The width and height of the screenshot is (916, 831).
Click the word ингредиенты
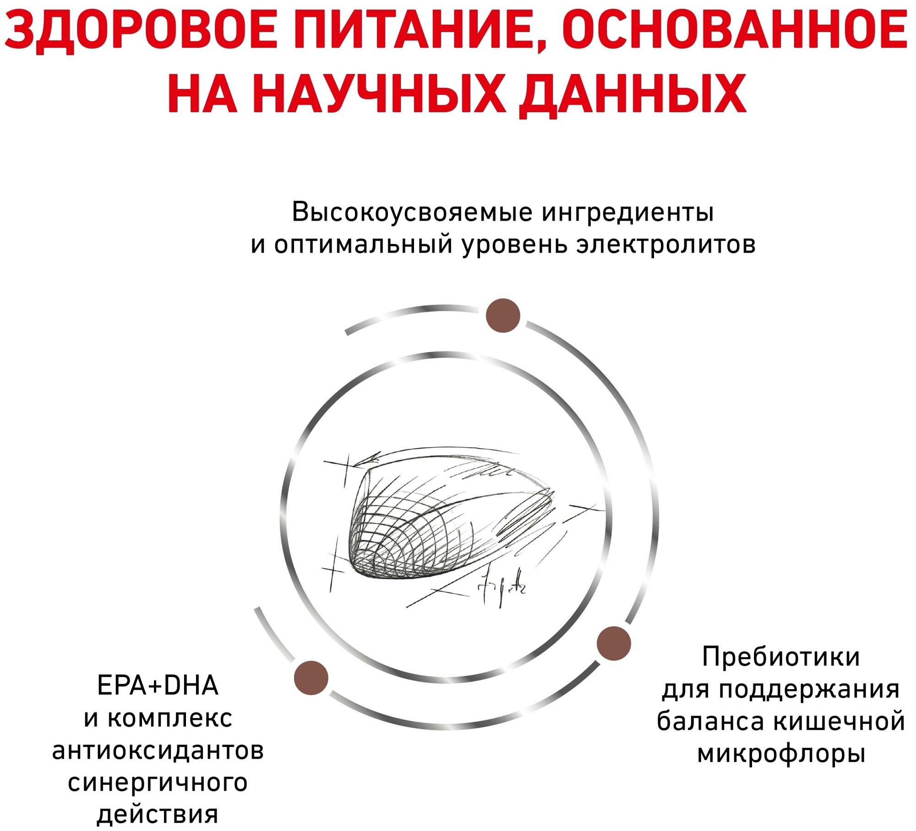pos(627,212)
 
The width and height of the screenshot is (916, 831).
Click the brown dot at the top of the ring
pos(503,315)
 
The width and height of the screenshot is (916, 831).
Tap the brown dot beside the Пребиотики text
pos(614,643)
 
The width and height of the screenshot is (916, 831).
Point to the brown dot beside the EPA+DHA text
pos(311,677)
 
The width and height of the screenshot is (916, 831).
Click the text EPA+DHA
pos(158,685)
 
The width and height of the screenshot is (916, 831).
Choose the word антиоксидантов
pos(158,751)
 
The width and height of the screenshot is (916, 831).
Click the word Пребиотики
pos(781,657)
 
